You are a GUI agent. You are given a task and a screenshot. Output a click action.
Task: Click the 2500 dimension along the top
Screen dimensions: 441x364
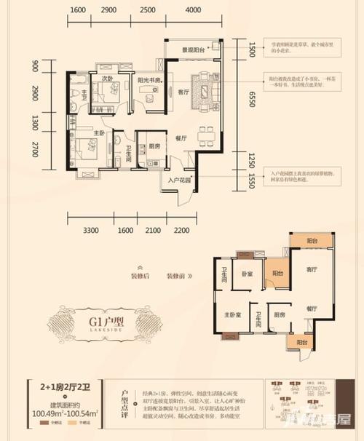point(147,11)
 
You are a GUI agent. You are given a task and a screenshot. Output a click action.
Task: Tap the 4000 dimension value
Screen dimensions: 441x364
point(193,11)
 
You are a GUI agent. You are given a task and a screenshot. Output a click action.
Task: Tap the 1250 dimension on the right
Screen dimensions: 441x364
point(251,159)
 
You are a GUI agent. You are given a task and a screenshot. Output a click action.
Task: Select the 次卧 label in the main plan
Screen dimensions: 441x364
point(107,79)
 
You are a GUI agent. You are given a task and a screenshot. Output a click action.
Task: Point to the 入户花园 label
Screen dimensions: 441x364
point(179,180)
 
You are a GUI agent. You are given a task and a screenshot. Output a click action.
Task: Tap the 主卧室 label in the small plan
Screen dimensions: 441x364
point(232,315)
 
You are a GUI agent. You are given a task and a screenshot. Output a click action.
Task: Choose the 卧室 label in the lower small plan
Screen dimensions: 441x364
point(248,274)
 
